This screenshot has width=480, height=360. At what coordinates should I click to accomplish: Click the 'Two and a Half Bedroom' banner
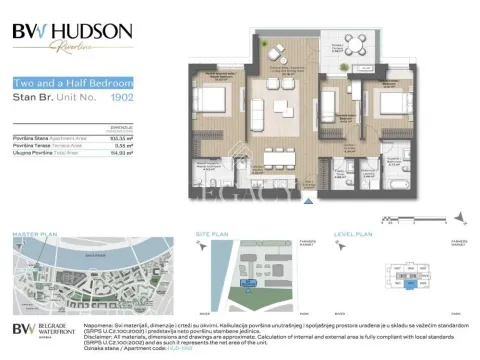tap(61, 84)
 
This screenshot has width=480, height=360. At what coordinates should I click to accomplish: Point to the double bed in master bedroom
tap(214, 100)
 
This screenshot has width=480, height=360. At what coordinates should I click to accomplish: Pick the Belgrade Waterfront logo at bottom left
tap(40, 330)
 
